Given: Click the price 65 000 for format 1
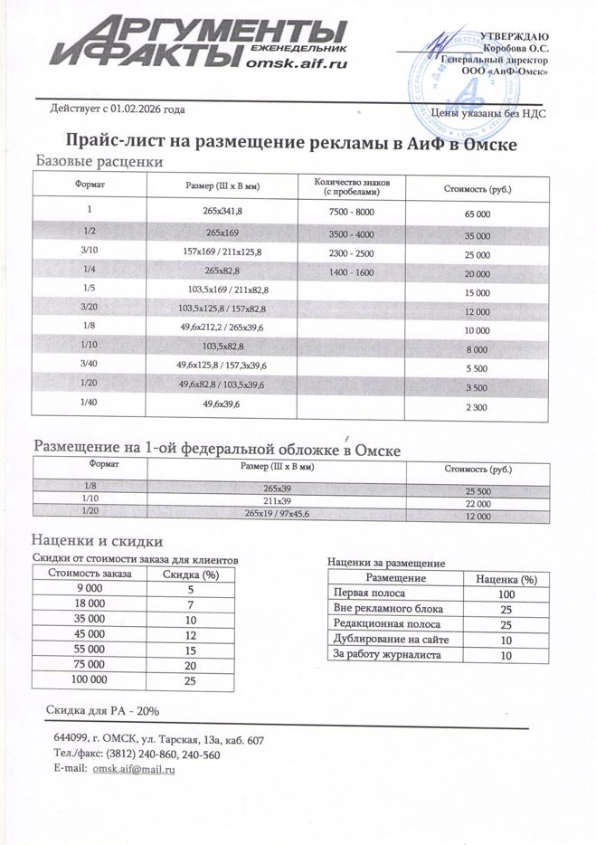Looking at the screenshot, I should point(477,214).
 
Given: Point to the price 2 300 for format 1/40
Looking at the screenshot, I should point(477,408).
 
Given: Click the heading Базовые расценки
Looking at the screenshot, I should point(99,161).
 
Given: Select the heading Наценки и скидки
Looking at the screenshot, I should point(88,540).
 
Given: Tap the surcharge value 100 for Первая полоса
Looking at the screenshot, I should point(506,594).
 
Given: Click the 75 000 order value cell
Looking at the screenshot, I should point(85,664).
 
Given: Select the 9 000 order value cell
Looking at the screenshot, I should point(85,590).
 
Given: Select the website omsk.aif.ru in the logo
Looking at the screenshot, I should point(296,63).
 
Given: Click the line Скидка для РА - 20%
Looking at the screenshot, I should point(102,711).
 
